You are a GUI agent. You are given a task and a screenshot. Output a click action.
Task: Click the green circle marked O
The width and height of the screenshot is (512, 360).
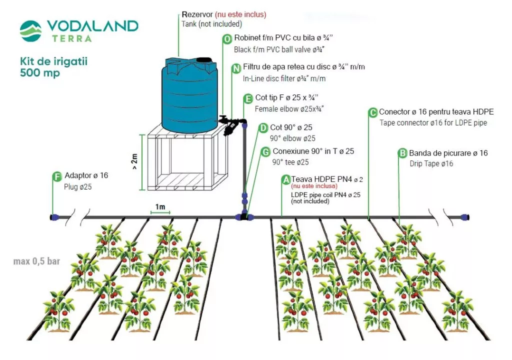pyautogui.click(x=227, y=38)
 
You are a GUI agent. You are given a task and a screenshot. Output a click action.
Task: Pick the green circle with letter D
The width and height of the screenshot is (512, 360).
pyautogui.click(x=263, y=128)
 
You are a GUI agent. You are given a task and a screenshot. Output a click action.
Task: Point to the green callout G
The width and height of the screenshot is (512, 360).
pyautogui.click(x=266, y=151)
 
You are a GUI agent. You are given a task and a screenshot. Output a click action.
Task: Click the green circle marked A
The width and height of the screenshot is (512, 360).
pyautogui.click(x=285, y=178)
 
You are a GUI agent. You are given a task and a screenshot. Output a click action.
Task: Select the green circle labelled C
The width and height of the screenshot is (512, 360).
pyautogui.click(x=372, y=113)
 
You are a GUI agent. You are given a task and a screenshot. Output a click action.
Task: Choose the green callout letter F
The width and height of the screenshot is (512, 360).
pyautogui.click(x=57, y=176)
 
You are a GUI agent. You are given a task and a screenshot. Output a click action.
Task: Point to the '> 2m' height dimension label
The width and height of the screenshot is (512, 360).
pyautogui.click(x=134, y=162)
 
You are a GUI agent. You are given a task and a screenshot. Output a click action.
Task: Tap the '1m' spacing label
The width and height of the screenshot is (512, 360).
pyautogui.click(x=160, y=207)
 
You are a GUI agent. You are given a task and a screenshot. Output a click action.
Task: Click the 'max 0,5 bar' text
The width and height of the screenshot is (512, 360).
pyautogui.click(x=37, y=261)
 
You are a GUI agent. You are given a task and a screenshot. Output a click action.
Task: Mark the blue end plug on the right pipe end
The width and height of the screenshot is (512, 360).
pyautogui.click(x=465, y=217)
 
